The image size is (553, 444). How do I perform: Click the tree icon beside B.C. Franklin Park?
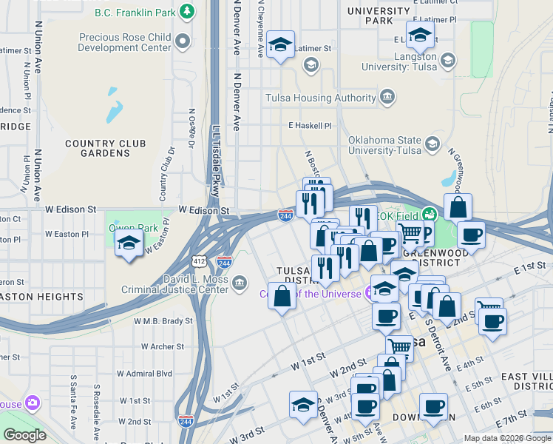[188, 12]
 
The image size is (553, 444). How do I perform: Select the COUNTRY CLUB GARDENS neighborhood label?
[108, 148]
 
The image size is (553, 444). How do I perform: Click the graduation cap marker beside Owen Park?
[129, 244]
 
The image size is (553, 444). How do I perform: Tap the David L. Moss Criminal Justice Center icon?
[240, 283]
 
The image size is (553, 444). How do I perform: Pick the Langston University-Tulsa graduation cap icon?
[447, 61]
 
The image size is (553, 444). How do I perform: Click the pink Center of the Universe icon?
[370, 294]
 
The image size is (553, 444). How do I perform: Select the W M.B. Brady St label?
[163, 321]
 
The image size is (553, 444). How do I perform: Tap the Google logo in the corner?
[25, 435]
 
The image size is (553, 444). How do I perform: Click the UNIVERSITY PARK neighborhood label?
[379, 16]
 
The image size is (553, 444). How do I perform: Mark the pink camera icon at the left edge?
[32, 403]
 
